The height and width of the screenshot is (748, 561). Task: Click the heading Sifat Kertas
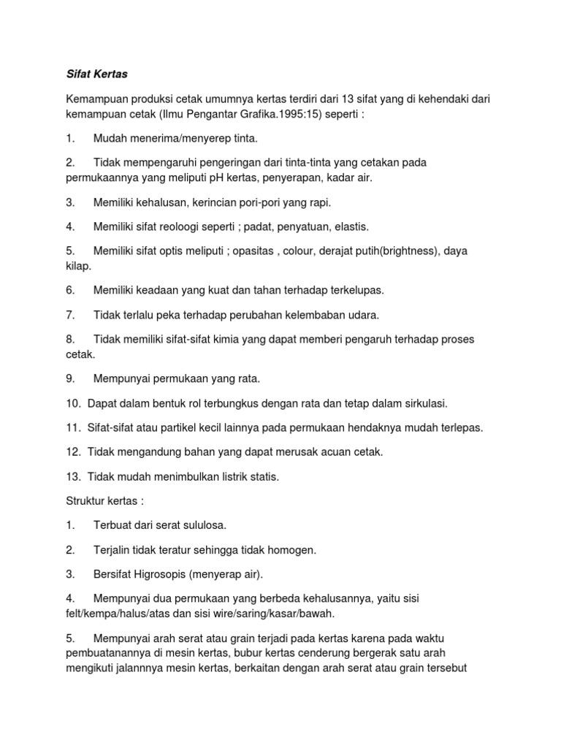[96, 75]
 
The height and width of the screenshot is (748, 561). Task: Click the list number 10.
[72, 403]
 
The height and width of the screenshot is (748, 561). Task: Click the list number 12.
[72, 452]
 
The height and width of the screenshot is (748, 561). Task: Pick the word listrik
[221, 477]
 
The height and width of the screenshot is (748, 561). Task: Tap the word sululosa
[202, 525]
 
